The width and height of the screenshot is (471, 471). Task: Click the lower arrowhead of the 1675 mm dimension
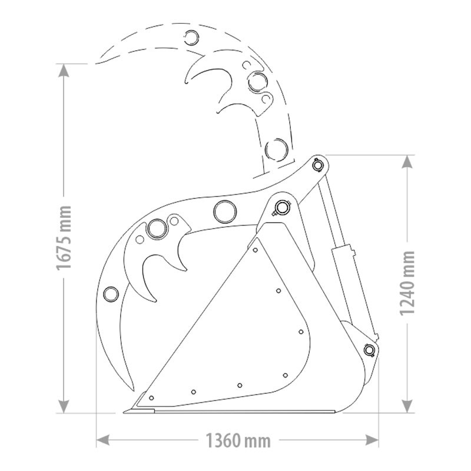(64, 407)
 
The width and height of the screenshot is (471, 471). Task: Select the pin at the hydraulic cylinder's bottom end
(369, 350)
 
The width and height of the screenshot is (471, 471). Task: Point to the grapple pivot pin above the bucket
(283, 207)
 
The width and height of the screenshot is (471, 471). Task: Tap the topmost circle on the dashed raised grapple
(192, 37)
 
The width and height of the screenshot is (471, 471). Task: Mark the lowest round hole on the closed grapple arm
(110, 293)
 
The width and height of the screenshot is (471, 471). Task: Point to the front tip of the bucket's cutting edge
(126, 410)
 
